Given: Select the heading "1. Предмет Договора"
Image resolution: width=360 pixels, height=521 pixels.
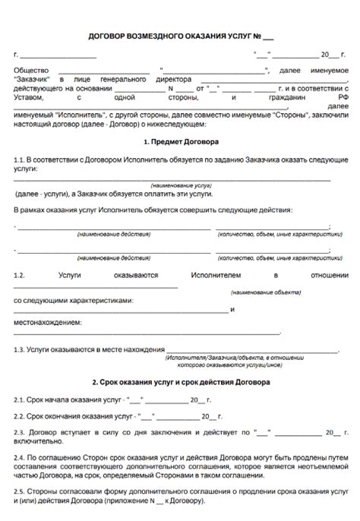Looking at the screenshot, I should tap(180, 142).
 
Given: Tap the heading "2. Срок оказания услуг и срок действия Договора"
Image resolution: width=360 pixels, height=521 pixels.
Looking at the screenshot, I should tap(180, 382).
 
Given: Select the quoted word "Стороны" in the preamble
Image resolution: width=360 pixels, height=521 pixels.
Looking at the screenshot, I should tap(260, 114).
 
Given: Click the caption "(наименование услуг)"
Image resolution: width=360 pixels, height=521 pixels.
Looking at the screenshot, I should tap(180, 185).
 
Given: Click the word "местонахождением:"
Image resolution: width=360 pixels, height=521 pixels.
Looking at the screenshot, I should tap(47, 323).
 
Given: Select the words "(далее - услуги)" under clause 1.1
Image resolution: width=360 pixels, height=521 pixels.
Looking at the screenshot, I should tap(40, 194).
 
